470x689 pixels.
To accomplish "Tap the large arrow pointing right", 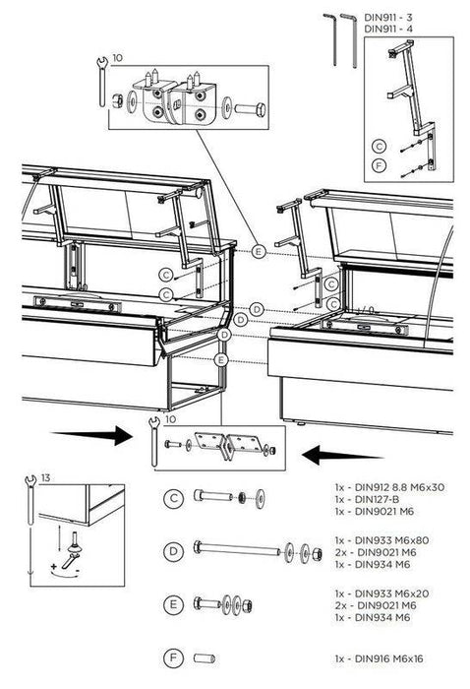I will coord(93,433).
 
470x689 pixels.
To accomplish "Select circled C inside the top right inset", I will coord(379,145).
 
